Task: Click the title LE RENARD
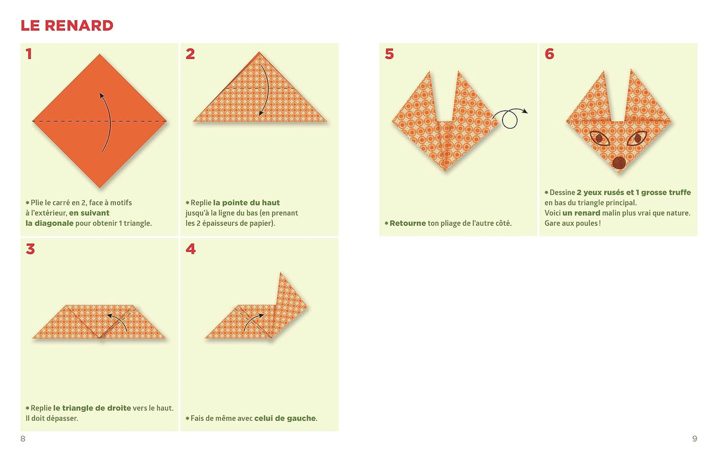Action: pos(67,26)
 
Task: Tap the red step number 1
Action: pos(29,54)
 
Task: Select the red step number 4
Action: pos(190,249)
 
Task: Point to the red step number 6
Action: pos(550,54)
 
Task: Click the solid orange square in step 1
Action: pos(100,121)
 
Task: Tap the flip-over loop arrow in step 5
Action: pos(510,117)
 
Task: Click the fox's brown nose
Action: pos(619,163)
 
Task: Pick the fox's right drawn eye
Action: pos(637,138)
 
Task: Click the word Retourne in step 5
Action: pos(408,223)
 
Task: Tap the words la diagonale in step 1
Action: pos(50,223)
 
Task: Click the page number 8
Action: pos(23,439)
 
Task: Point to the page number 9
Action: pos(695,439)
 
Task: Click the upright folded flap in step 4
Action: pos(290,305)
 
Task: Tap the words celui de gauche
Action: pos(285,418)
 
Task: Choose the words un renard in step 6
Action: pos(581,213)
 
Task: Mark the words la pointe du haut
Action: pos(246,203)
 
